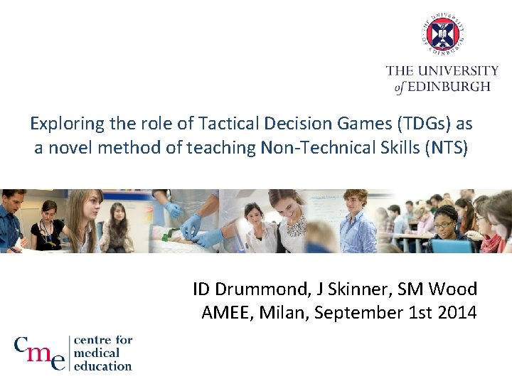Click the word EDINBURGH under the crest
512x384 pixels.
point(449,87)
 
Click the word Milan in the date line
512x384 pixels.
point(288,312)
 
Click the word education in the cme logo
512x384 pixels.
point(103,366)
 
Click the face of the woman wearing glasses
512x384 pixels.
point(443,220)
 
